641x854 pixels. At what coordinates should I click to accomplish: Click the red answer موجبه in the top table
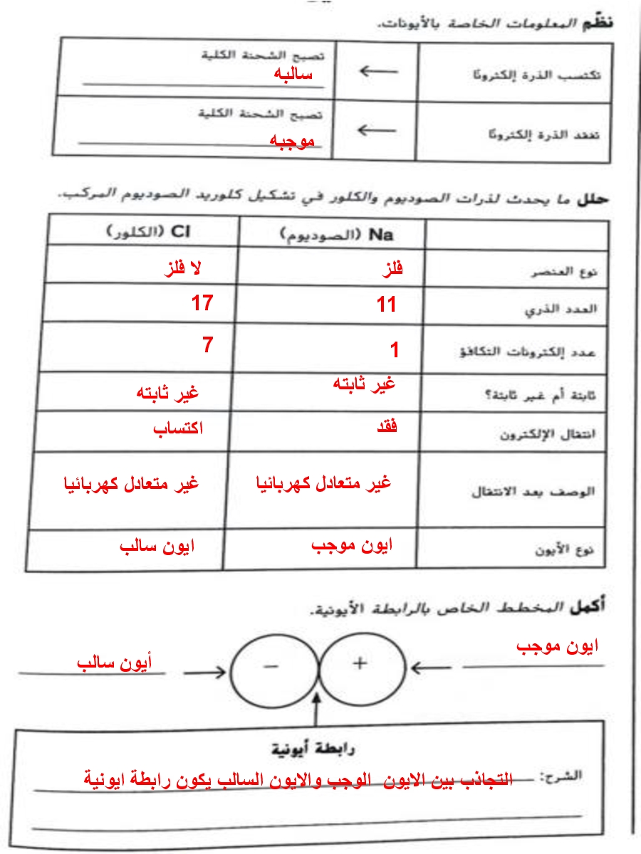(x=291, y=141)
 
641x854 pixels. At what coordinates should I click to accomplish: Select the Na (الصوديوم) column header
(x=337, y=234)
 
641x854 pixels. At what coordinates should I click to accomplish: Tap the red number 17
(x=202, y=303)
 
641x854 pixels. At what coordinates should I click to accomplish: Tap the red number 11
(x=387, y=305)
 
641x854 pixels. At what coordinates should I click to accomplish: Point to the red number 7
(x=207, y=345)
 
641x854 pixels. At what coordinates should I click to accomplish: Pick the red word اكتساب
(x=178, y=428)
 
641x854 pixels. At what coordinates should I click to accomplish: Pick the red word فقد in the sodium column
(x=385, y=427)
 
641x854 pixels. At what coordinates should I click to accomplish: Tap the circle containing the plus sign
(x=360, y=668)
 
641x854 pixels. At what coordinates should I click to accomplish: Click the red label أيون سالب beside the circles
(x=115, y=663)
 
